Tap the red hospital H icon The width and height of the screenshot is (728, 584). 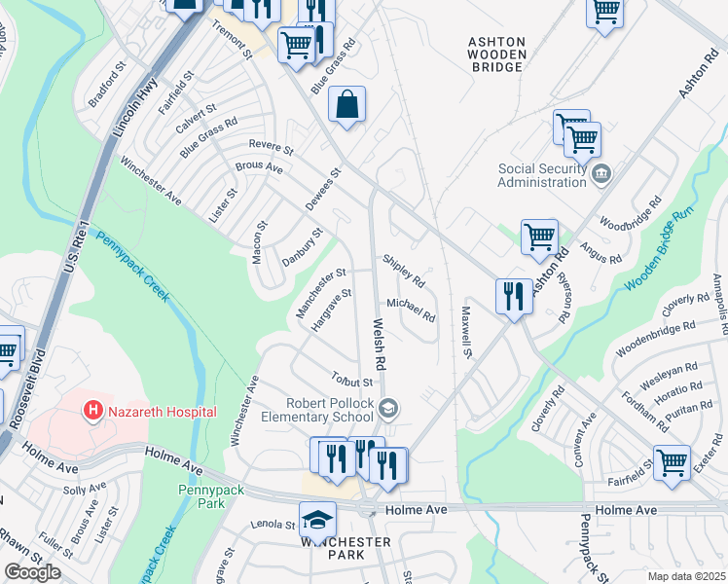(x=93, y=412)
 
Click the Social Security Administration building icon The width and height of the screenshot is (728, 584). (x=602, y=174)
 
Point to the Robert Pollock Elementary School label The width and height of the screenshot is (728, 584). (x=331, y=411)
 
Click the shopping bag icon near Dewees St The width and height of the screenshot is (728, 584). (x=346, y=104)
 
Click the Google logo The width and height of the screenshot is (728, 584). (x=32, y=571)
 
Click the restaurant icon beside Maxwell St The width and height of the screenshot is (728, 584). (x=513, y=295)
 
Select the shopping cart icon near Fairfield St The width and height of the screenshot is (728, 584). (x=672, y=461)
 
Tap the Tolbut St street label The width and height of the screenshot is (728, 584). (x=351, y=378)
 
